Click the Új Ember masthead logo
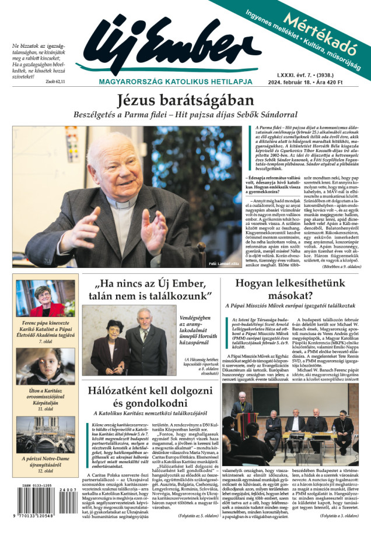(x=169, y=47)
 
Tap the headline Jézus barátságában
(x=185, y=100)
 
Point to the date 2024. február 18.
(x=298, y=82)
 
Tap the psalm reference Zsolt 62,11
(x=55, y=82)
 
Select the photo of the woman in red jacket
(x=45, y=298)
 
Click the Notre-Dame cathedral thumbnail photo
(x=45, y=433)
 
